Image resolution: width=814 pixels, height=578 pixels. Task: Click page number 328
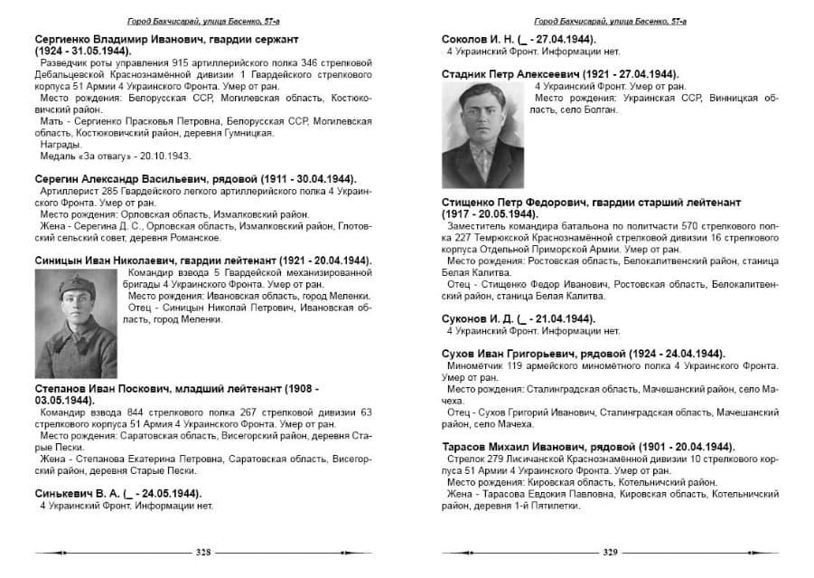[x=203, y=552]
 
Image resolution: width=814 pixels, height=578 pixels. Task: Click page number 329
[x=610, y=552]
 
